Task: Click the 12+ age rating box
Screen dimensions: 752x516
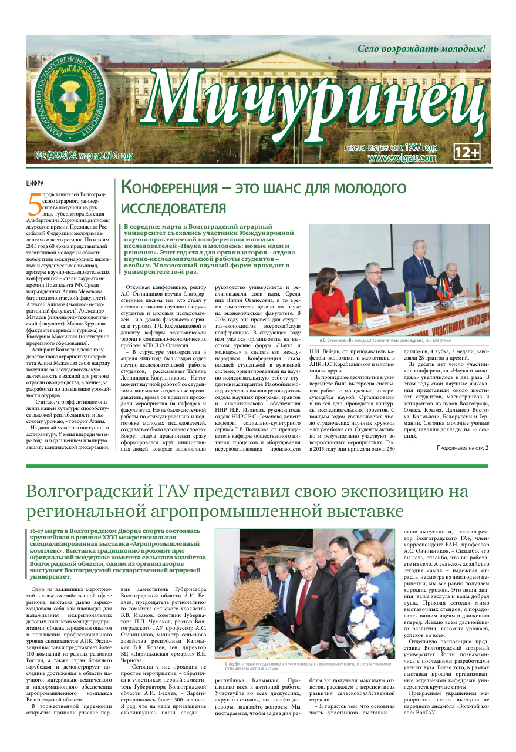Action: [x=467, y=153]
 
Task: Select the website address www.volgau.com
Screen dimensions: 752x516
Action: [x=403, y=157]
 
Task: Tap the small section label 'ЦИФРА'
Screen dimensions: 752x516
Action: [x=35, y=183]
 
